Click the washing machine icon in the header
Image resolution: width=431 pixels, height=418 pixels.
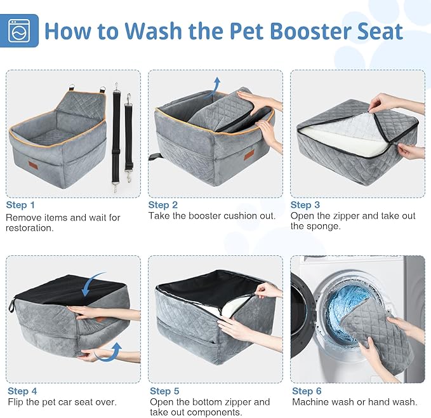20,30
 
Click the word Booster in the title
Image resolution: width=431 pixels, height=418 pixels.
269,30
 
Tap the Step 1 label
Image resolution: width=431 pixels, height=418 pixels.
21,205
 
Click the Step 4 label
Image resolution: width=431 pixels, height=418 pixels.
22,391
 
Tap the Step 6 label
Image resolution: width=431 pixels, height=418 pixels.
307,391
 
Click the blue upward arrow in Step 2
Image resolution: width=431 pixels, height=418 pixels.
216,84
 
